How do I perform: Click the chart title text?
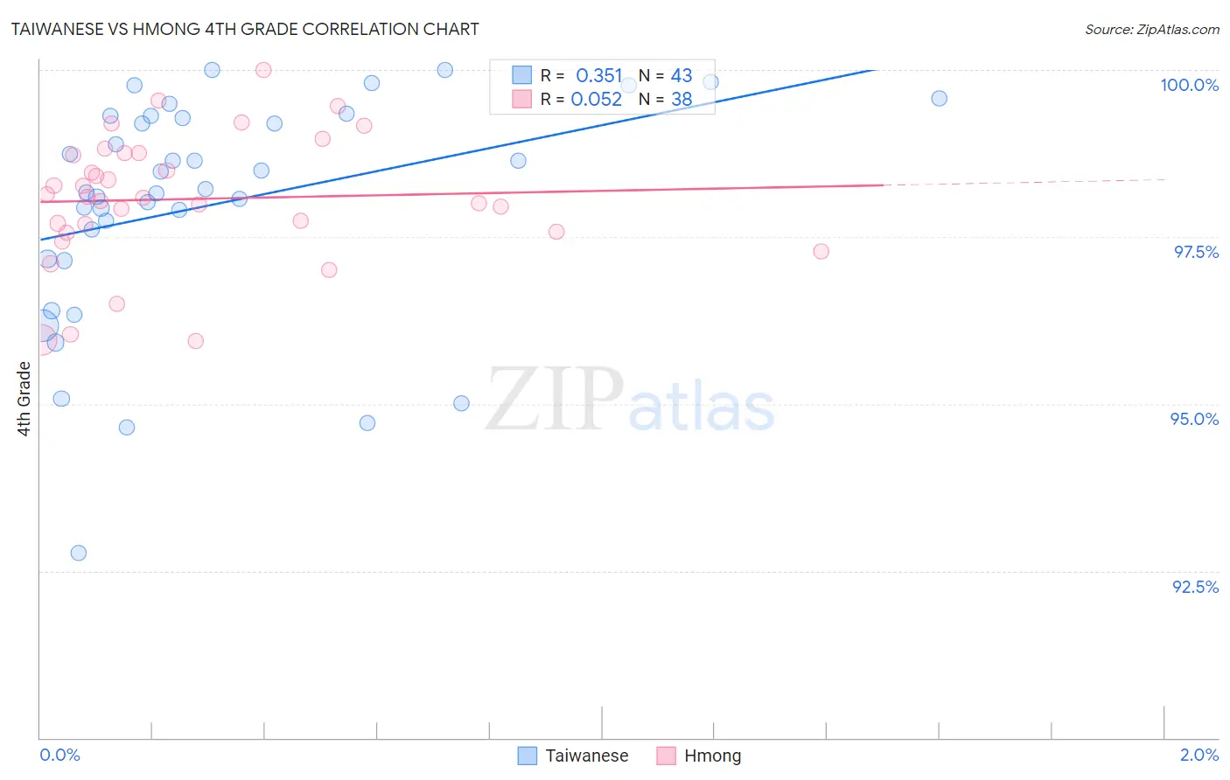[x=245, y=29]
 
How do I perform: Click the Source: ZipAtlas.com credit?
[x=1151, y=30]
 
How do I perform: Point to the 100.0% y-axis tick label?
[x=1189, y=85]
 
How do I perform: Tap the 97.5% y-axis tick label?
[x=1196, y=252]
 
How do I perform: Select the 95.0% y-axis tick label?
[x=1194, y=419]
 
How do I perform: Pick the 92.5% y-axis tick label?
[x=1195, y=587]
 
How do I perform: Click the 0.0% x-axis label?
[x=59, y=756]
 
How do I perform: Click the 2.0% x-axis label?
[x=1199, y=756]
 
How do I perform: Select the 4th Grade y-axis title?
[x=24, y=399]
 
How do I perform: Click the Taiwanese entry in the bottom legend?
[x=586, y=756]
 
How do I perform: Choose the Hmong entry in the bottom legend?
[x=712, y=756]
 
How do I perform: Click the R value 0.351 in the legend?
[x=598, y=76]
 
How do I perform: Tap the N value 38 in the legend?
[x=681, y=100]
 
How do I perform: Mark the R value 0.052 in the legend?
[x=597, y=100]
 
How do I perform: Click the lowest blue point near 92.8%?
[x=79, y=553]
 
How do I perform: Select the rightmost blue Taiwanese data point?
[x=939, y=98]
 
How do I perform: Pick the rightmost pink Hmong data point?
[x=821, y=251]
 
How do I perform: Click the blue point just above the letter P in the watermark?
[x=461, y=403]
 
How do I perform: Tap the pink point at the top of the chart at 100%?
[x=263, y=70]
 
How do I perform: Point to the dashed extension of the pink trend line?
[x=1024, y=182]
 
